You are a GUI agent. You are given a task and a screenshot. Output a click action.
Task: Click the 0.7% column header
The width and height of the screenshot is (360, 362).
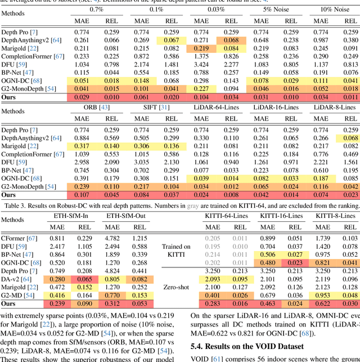tap(96, 10)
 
